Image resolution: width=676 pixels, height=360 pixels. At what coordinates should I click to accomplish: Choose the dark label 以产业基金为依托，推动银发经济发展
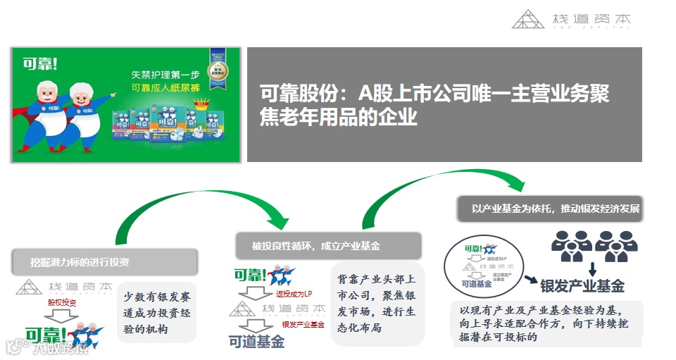pyautogui.click(x=556, y=209)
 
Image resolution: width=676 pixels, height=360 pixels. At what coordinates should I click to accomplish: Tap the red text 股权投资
pyautogui.click(x=61, y=302)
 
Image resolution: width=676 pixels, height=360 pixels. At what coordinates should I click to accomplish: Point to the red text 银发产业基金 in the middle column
pyautogui.click(x=303, y=324)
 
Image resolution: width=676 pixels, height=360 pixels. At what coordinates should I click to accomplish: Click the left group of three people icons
pyautogui.click(x=572, y=246)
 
